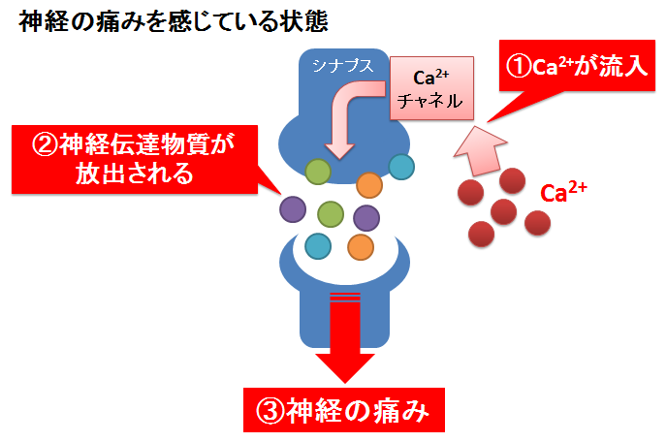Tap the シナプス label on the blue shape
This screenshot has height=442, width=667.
(343, 66)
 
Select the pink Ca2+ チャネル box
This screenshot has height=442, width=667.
(431, 88)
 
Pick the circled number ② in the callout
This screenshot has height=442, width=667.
(45, 144)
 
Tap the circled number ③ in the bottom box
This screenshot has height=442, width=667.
(270, 411)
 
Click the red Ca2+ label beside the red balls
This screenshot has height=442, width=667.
(563, 192)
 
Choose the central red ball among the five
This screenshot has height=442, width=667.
(504, 211)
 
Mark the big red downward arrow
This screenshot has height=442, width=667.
(345, 337)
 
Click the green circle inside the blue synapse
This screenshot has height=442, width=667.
(318, 172)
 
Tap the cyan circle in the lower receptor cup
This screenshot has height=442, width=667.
(318, 246)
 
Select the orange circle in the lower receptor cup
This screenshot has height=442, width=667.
(361, 247)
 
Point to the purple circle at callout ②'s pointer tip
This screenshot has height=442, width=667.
(293, 209)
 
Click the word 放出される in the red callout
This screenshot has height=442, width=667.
(135, 174)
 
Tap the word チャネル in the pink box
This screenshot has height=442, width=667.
(430, 101)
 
